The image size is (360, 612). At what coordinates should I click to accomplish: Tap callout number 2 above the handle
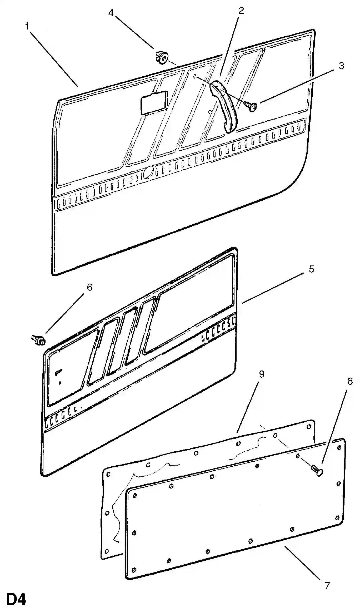(241, 11)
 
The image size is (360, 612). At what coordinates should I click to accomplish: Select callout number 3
(341, 66)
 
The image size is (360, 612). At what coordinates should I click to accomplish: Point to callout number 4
(111, 13)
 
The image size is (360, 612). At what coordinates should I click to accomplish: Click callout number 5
(311, 269)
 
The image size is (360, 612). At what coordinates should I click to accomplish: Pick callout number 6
(89, 287)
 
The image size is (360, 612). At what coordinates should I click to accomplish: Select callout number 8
(350, 381)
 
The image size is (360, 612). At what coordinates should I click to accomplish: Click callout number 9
(261, 374)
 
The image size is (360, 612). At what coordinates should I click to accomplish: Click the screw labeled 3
(251, 106)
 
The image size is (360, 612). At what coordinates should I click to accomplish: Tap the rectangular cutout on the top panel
(154, 103)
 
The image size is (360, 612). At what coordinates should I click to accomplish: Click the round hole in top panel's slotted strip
(148, 172)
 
